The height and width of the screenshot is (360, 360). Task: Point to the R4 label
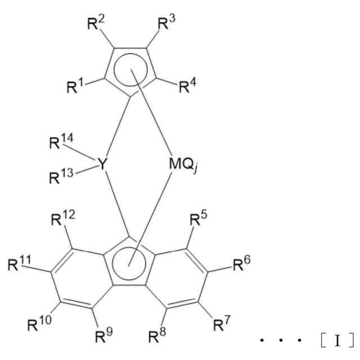(x=188, y=88)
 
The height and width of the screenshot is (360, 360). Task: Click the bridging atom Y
(x=102, y=164)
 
